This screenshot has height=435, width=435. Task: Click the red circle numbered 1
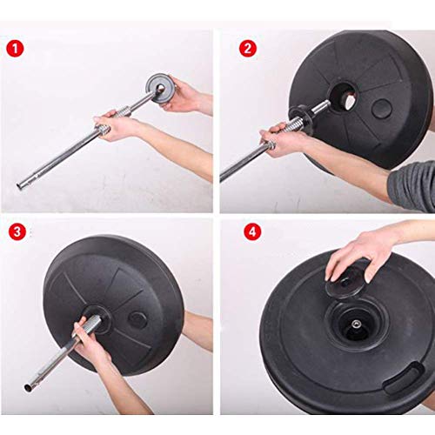click(x=15, y=49)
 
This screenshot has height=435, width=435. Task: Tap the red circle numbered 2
click(x=248, y=49)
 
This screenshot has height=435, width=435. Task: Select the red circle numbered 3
click(x=17, y=231)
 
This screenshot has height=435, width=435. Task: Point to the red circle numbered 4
click(x=252, y=231)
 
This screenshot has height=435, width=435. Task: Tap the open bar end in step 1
click(x=20, y=184)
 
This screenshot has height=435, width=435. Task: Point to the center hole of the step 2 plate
click(x=344, y=97)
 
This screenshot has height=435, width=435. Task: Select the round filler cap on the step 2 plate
click(x=381, y=108)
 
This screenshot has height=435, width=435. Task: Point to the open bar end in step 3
click(x=27, y=387)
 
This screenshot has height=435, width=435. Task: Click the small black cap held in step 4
click(x=345, y=282)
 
